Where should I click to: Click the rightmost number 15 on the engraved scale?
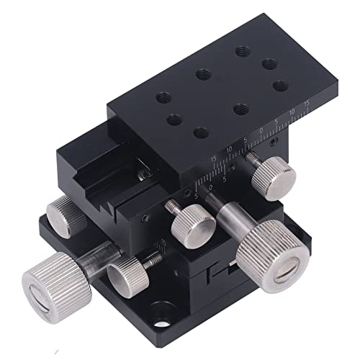pyautogui.click(x=306, y=106)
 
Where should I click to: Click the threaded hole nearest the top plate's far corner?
pyautogui.click(x=241, y=50)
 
